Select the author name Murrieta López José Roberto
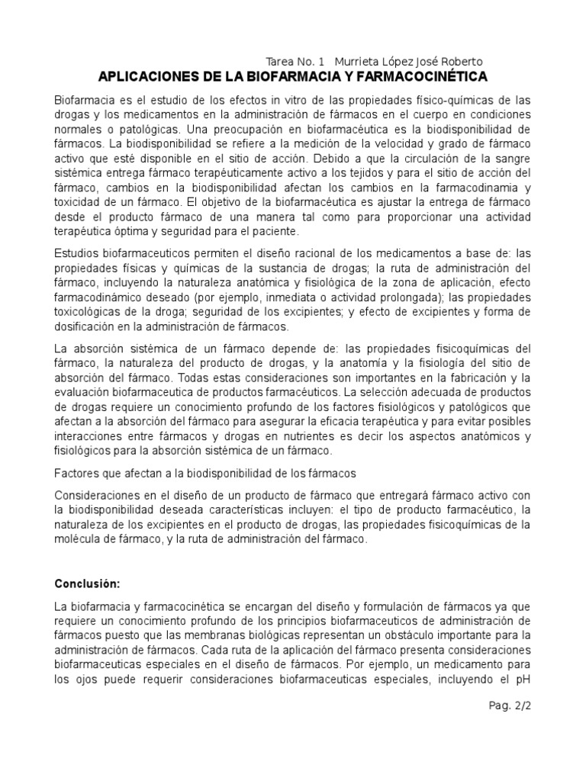coord(409,62)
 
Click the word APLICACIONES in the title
coord(148,77)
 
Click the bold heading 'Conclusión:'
coord(87,583)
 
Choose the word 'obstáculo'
coord(418,635)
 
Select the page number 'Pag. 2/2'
coord(509,705)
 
